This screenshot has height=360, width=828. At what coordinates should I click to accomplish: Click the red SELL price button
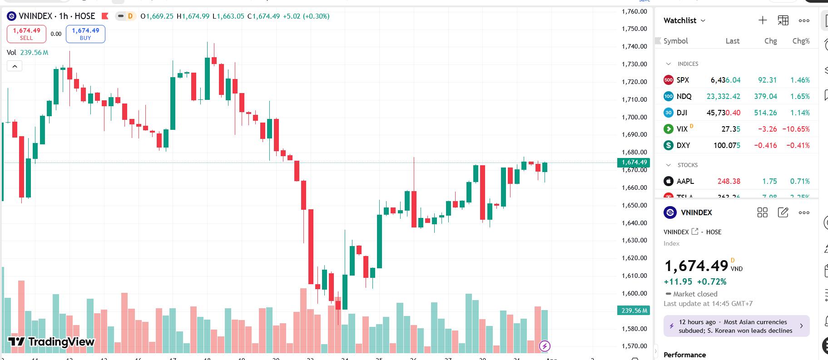click(26, 34)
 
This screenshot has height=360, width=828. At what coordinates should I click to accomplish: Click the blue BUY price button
click(85, 34)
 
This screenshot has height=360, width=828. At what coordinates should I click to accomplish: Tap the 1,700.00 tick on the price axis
click(634, 117)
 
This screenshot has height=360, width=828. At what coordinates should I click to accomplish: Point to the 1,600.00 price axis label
click(634, 293)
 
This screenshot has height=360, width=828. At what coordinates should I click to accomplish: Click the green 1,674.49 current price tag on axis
click(634, 163)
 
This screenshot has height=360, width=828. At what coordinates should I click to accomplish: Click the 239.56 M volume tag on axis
click(634, 311)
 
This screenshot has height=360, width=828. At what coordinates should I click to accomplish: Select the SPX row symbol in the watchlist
click(683, 80)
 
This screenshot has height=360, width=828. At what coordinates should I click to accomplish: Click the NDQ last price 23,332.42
click(723, 96)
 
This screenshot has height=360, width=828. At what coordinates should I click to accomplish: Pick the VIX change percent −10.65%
click(796, 129)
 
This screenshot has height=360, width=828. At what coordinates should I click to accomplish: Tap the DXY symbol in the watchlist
click(683, 145)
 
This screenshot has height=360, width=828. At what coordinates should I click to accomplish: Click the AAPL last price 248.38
click(729, 181)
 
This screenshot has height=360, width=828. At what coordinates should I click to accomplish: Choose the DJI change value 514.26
click(765, 113)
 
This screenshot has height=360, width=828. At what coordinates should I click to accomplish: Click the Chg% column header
click(801, 41)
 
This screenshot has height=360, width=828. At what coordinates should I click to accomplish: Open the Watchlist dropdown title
click(684, 20)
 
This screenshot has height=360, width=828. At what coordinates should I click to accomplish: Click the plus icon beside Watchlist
click(763, 20)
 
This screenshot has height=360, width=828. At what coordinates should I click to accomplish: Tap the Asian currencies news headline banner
click(736, 326)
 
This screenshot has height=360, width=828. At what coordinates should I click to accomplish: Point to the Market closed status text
click(695, 294)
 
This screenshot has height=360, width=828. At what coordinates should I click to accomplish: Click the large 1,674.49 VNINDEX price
click(696, 266)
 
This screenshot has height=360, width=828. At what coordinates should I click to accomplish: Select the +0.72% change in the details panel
click(712, 281)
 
